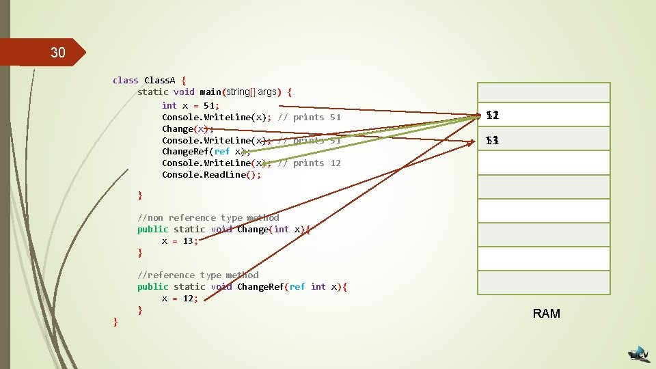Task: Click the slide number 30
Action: coord(57,53)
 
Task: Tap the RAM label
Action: coord(546,314)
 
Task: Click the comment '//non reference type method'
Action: coord(208,217)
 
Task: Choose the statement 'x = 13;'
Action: coord(180,241)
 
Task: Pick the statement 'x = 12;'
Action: coord(180,298)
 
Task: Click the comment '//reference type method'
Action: coord(198,275)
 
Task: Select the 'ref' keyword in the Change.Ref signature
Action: coord(297,286)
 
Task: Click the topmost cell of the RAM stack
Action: coord(543,92)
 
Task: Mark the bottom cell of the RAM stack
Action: coord(543,282)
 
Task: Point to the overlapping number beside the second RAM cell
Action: coord(493,116)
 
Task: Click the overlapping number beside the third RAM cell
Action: coord(493,141)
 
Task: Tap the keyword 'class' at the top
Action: coord(126,80)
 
